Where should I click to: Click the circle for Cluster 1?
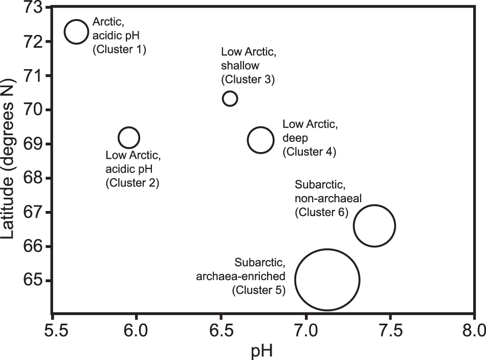[76, 31]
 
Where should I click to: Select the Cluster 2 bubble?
[128, 137]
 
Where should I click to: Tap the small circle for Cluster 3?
[230, 98]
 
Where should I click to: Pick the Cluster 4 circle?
[261, 140]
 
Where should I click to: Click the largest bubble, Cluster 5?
[327, 280]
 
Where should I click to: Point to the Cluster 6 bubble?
[374, 226]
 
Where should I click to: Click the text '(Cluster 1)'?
[119, 50]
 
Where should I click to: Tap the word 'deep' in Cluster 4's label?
[294, 138]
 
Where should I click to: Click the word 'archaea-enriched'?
[240, 277]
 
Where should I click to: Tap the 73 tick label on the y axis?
[32, 7]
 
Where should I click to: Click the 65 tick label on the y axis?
[32, 281]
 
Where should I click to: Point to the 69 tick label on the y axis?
[32, 144]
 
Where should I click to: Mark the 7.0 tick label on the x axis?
[305, 328]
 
